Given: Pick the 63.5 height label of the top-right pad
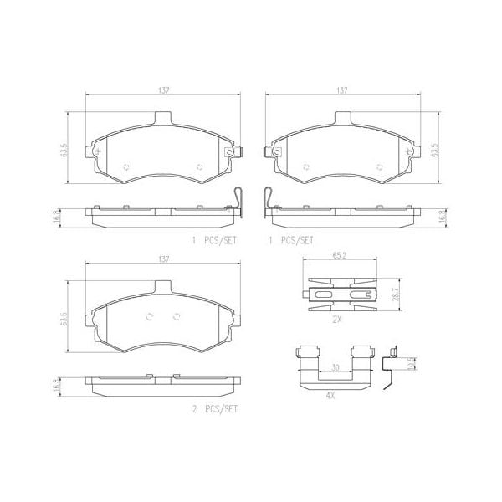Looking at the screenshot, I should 433,150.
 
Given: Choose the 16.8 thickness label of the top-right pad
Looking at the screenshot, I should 433,218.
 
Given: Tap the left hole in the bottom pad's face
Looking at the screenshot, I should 150,316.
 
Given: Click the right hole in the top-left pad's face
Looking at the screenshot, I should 200,166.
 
